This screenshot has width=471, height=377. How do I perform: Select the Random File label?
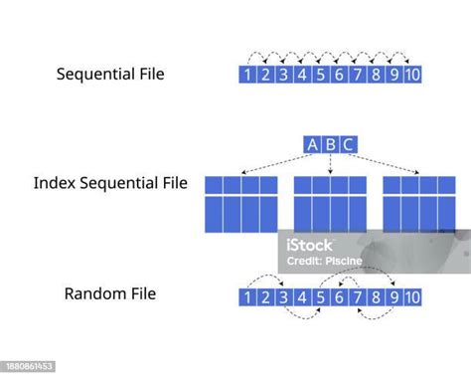(109, 293)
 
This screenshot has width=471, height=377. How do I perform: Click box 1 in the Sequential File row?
(248, 74)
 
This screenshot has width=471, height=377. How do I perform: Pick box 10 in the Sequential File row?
(411, 74)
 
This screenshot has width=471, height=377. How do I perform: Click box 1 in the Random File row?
(248, 296)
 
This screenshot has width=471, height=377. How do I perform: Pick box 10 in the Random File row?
(411, 296)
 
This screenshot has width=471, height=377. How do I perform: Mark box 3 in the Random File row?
(283, 296)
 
